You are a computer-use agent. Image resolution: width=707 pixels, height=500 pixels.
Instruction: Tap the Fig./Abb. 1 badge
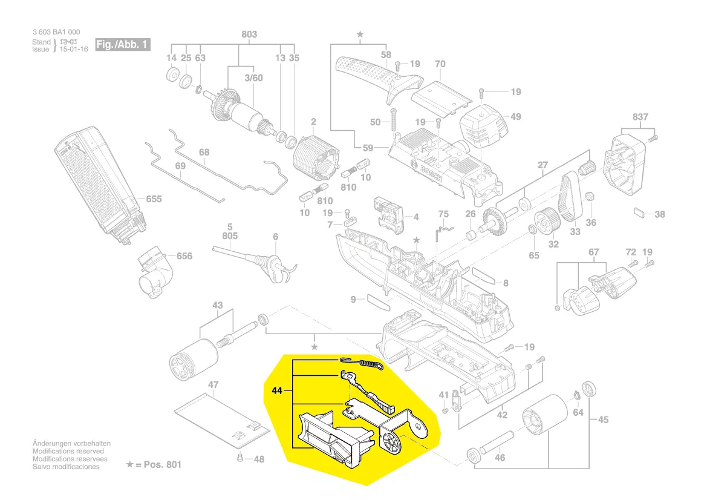[x=122, y=45]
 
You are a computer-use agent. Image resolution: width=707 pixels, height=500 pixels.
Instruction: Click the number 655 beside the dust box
[x=154, y=199]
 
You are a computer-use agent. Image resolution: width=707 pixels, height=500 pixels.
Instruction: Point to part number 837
[x=640, y=117]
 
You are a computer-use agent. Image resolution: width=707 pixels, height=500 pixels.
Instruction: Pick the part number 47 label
[x=213, y=385]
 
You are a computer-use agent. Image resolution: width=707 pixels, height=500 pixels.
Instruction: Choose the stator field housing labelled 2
[x=313, y=160]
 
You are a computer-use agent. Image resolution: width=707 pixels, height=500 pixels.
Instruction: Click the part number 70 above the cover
[x=440, y=64]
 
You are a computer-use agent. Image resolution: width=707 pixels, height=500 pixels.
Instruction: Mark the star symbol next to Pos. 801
[x=129, y=464]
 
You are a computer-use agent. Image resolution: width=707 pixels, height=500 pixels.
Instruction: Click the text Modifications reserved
[x=68, y=451]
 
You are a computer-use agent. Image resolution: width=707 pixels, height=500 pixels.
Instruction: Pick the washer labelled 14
[x=171, y=76]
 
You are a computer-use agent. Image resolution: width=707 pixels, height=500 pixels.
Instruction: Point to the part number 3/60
[x=253, y=78]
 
